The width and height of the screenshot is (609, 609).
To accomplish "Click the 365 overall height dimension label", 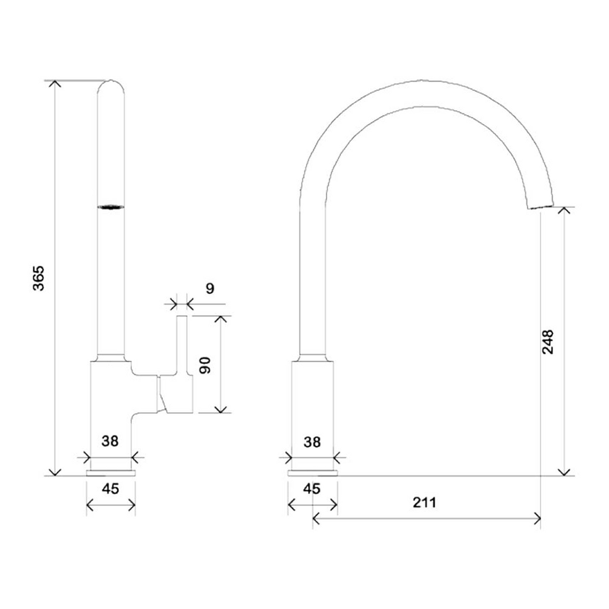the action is pos(39,278).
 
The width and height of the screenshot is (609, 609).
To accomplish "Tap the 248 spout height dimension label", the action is pos(548,342).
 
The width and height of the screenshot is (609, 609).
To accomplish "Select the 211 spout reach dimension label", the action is pos(425,503).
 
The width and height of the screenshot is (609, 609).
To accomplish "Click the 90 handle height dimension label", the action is pos(205,365).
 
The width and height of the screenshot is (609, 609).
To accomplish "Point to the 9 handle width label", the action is pos(210,288).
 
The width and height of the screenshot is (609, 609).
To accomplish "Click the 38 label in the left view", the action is pos(110,441).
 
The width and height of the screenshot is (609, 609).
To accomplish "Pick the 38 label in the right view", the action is pos(312,442).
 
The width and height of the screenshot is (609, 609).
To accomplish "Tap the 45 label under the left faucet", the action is pos(110,489).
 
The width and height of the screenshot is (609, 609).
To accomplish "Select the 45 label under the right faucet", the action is pos(312,489).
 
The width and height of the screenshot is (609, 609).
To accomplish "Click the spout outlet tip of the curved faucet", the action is pos(540,206).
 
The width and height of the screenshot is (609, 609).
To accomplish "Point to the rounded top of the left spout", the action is pos(111,84).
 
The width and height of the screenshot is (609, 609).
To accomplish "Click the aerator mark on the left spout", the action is pos(111,208).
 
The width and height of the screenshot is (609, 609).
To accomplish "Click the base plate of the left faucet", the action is pos(111,473).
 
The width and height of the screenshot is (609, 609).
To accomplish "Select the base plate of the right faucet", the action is pos(313,473).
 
